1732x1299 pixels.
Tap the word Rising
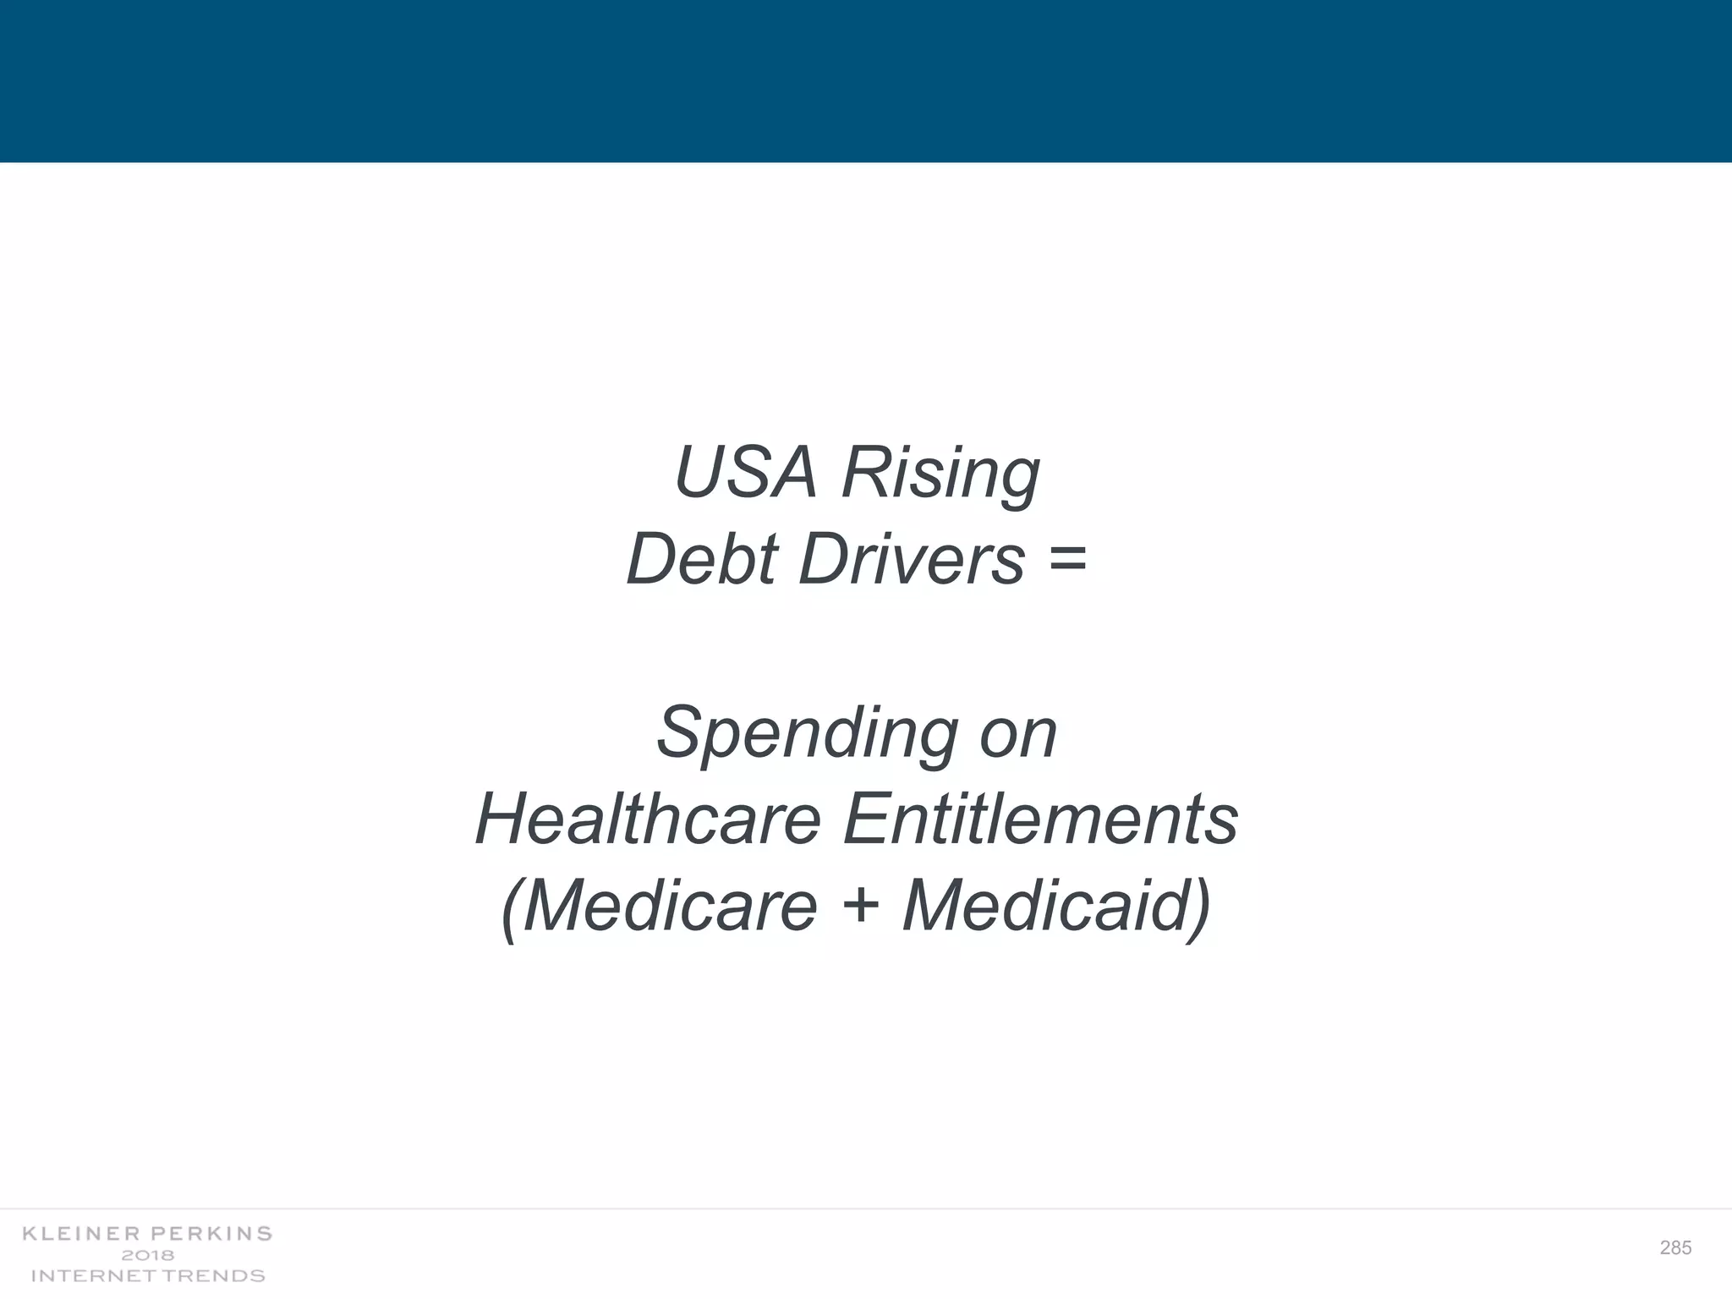pos(940,474)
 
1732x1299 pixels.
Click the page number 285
pos(1675,1247)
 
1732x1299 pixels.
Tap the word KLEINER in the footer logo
pos(83,1234)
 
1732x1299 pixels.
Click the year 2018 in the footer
pos(148,1255)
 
